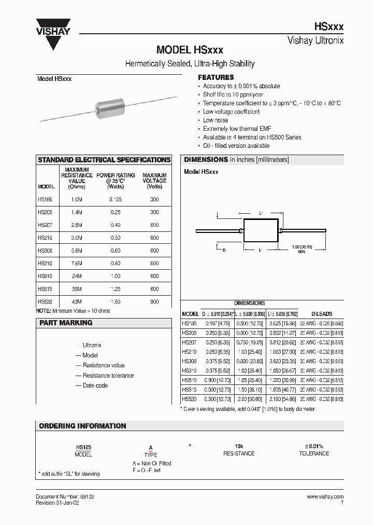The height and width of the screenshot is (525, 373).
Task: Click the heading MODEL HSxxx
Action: tap(190, 50)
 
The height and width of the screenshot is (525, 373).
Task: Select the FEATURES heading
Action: tap(216, 77)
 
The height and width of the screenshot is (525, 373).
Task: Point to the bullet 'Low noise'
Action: tap(216, 120)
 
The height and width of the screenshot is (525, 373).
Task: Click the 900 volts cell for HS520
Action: tap(154, 301)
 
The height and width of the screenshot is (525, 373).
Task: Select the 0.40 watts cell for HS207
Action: tap(115, 225)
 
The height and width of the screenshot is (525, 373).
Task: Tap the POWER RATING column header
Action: tap(116, 178)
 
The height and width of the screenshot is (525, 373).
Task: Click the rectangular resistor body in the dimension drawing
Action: tap(261, 231)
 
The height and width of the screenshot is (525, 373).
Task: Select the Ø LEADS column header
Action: tap(321, 314)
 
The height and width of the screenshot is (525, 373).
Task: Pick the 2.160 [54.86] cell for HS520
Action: tap(282, 399)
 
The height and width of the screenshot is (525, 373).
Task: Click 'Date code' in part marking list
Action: tap(95, 385)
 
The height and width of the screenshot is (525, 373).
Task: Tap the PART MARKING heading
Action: tap(65, 323)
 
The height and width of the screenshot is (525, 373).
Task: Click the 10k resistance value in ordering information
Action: tap(239, 446)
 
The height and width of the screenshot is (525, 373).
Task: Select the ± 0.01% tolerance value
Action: tap(314, 446)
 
